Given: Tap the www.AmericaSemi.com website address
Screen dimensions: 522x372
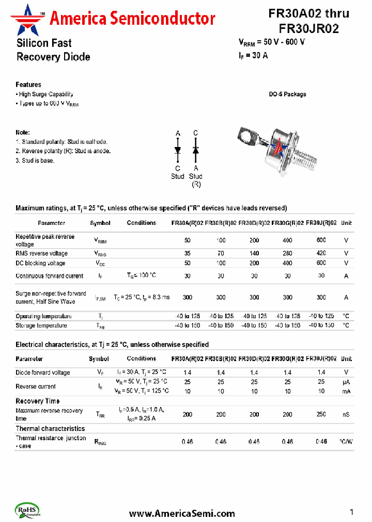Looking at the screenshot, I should pyautogui.click(x=181, y=513).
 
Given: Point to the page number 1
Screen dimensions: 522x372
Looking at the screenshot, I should pyautogui.click(x=351, y=512).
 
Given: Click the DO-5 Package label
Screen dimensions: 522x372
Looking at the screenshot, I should pyautogui.click(x=287, y=94).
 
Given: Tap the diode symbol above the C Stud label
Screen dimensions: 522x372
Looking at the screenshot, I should pyautogui.click(x=178, y=150).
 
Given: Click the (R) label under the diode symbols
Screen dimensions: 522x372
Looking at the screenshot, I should pyautogui.click(x=196, y=184).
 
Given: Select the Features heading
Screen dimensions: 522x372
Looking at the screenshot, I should pyautogui.click(x=28, y=85).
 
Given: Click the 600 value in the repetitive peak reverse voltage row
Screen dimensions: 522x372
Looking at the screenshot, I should pyautogui.click(x=321, y=240).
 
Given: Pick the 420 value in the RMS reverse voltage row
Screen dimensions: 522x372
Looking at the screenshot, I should pyautogui.click(x=321, y=253).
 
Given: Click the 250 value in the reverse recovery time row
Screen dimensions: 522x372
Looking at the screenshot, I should pyautogui.click(x=321, y=414).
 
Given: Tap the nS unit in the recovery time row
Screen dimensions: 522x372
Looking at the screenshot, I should pyautogui.click(x=346, y=414).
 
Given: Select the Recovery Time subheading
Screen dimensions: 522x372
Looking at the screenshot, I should pyautogui.click(x=37, y=401).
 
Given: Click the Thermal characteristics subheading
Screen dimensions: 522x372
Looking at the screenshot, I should pyautogui.click(x=50, y=428).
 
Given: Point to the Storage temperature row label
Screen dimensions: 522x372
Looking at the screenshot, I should pyautogui.click(x=41, y=325).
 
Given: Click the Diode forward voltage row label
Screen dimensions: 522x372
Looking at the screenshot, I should pyautogui.click(x=42, y=372).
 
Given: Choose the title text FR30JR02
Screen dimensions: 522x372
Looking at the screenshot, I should pyautogui.click(x=308, y=29).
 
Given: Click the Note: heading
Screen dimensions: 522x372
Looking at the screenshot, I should pyautogui.click(x=23, y=133).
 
